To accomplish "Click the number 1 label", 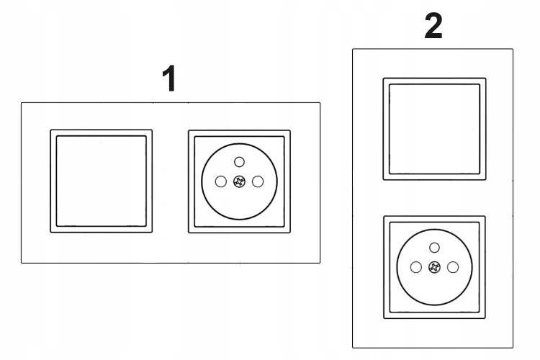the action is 169,78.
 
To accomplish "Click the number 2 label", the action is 433,25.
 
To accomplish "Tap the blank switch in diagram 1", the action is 102,181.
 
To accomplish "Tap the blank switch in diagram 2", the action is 435,129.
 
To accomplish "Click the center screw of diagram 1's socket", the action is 239,181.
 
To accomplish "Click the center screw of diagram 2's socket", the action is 435,267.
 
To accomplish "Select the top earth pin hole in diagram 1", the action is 239,161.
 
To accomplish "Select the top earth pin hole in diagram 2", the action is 435,248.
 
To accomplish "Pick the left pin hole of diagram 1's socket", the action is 221,181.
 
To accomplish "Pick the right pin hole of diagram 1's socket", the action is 258,181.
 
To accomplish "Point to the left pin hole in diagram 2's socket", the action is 416,267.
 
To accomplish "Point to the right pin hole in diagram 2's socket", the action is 453,267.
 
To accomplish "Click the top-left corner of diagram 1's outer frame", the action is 22,103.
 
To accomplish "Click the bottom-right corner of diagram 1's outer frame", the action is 320,263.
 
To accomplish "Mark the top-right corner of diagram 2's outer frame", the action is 513,49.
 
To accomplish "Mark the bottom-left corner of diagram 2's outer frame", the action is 353,348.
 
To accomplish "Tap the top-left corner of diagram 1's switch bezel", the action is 50,130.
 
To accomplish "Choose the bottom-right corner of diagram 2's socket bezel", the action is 485,318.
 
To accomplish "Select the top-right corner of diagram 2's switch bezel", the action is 486,78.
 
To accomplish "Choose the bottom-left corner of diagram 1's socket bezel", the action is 189,233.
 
